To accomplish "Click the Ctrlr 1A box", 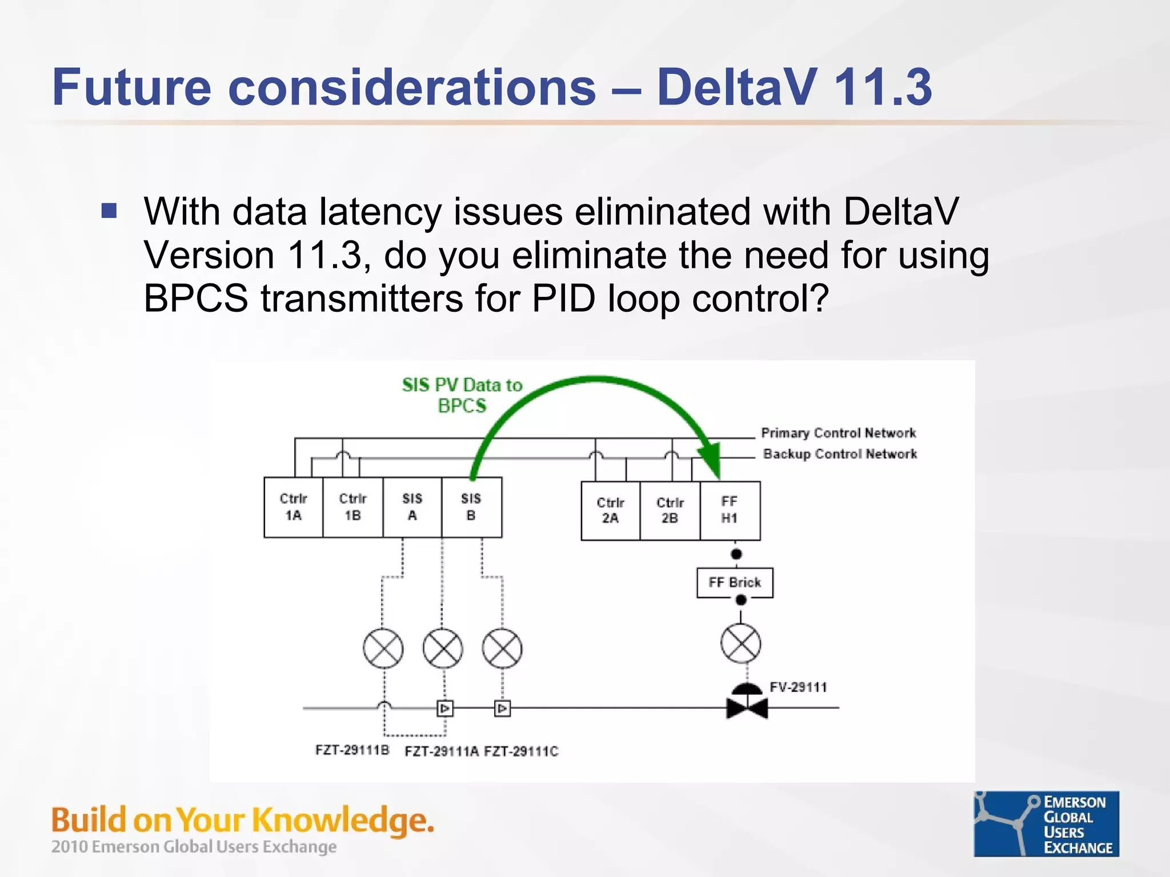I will tap(294, 507).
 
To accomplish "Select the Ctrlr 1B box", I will tap(353, 507).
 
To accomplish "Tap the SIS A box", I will tap(412, 507).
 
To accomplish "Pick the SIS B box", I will tap(471, 507).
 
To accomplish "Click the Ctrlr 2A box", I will tap(610, 510).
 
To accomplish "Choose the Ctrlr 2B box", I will tap(670, 510).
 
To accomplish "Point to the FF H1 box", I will tap(730, 510).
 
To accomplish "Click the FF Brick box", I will tap(735, 582).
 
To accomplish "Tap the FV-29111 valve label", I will tap(798, 687).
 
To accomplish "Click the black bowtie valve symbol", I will tap(747, 708).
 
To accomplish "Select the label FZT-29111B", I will tap(352, 750).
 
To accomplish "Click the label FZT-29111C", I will tap(521, 751).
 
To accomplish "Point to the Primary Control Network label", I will tap(838, 433).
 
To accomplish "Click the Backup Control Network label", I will tap(840, 454).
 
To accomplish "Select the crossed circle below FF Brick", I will tap(740, 644).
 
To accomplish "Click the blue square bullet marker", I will tap(109, 211).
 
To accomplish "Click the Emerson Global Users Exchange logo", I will tap(1046, 823).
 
